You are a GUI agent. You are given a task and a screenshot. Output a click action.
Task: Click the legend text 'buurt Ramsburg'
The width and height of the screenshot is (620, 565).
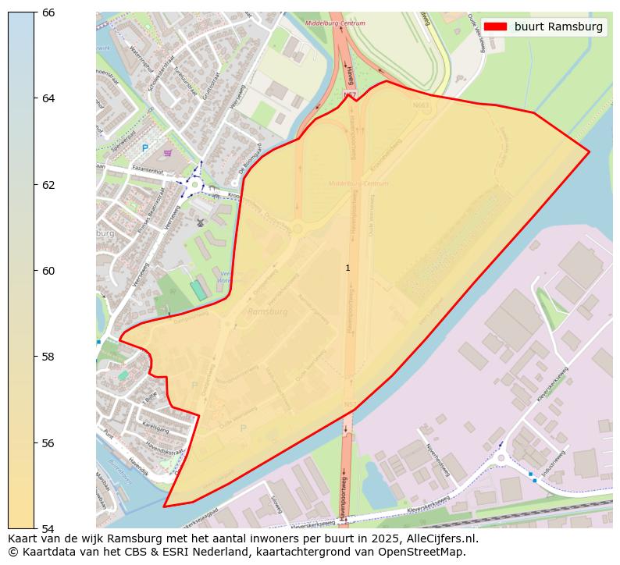558,27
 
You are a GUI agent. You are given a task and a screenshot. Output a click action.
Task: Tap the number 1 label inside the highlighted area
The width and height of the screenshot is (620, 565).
347,268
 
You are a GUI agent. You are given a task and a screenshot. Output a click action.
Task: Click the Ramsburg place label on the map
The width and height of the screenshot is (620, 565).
267,311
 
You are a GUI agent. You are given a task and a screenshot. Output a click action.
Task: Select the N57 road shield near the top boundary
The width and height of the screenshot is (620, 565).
349,94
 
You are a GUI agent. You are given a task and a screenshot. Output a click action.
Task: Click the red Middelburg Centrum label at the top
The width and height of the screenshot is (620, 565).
335,23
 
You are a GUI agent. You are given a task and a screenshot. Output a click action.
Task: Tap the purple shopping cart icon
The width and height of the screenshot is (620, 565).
168,153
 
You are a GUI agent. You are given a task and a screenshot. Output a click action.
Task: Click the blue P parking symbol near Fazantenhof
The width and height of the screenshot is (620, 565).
144,147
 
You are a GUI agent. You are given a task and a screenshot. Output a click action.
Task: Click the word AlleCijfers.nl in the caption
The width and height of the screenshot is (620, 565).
434,538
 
